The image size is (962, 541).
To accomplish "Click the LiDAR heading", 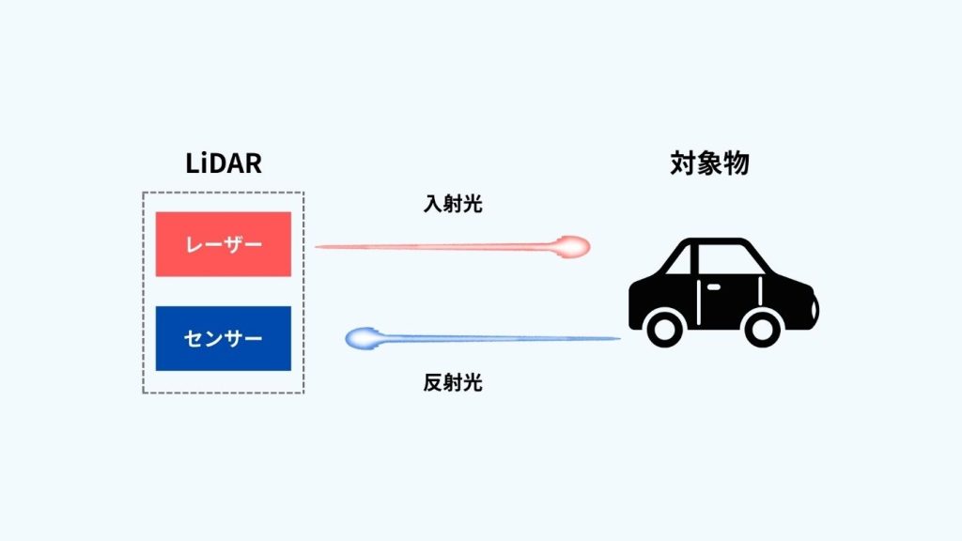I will click(223, 163).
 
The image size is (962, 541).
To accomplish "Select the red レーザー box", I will click(223, 244).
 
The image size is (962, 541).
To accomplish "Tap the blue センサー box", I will click(223, 337).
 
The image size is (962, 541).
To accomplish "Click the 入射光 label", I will click(453, 204).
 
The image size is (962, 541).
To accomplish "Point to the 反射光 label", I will click(453, 382).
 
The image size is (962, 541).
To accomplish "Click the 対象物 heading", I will click(709, 163).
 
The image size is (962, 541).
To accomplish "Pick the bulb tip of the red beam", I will click(572, 247).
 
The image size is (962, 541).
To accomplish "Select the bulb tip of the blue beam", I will click(362, 338).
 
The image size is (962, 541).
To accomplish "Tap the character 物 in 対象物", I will click(736, 163).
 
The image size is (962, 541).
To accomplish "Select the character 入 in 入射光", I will click(433, 204).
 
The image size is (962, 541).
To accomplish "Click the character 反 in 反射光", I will click(433, 382).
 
